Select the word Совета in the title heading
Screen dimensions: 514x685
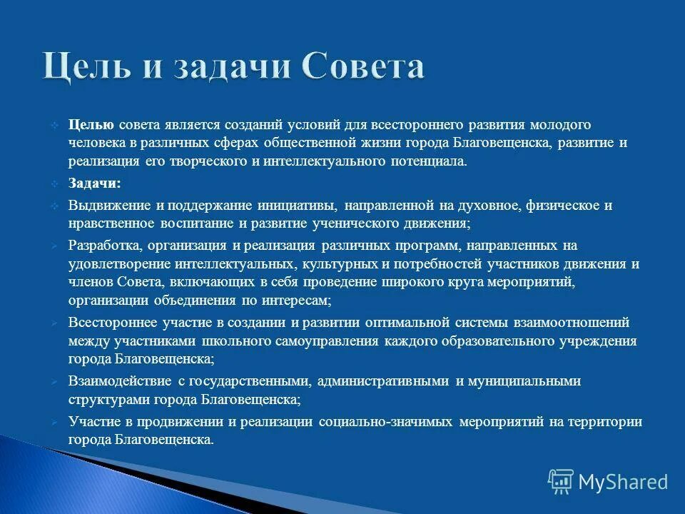[363, 66]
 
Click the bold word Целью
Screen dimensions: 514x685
[91, 125]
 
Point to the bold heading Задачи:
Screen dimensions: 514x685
[94, 183]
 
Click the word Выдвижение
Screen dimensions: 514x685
[111, 206]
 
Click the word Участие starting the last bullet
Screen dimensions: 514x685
[93, 422]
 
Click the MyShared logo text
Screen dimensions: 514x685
[622, 482]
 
